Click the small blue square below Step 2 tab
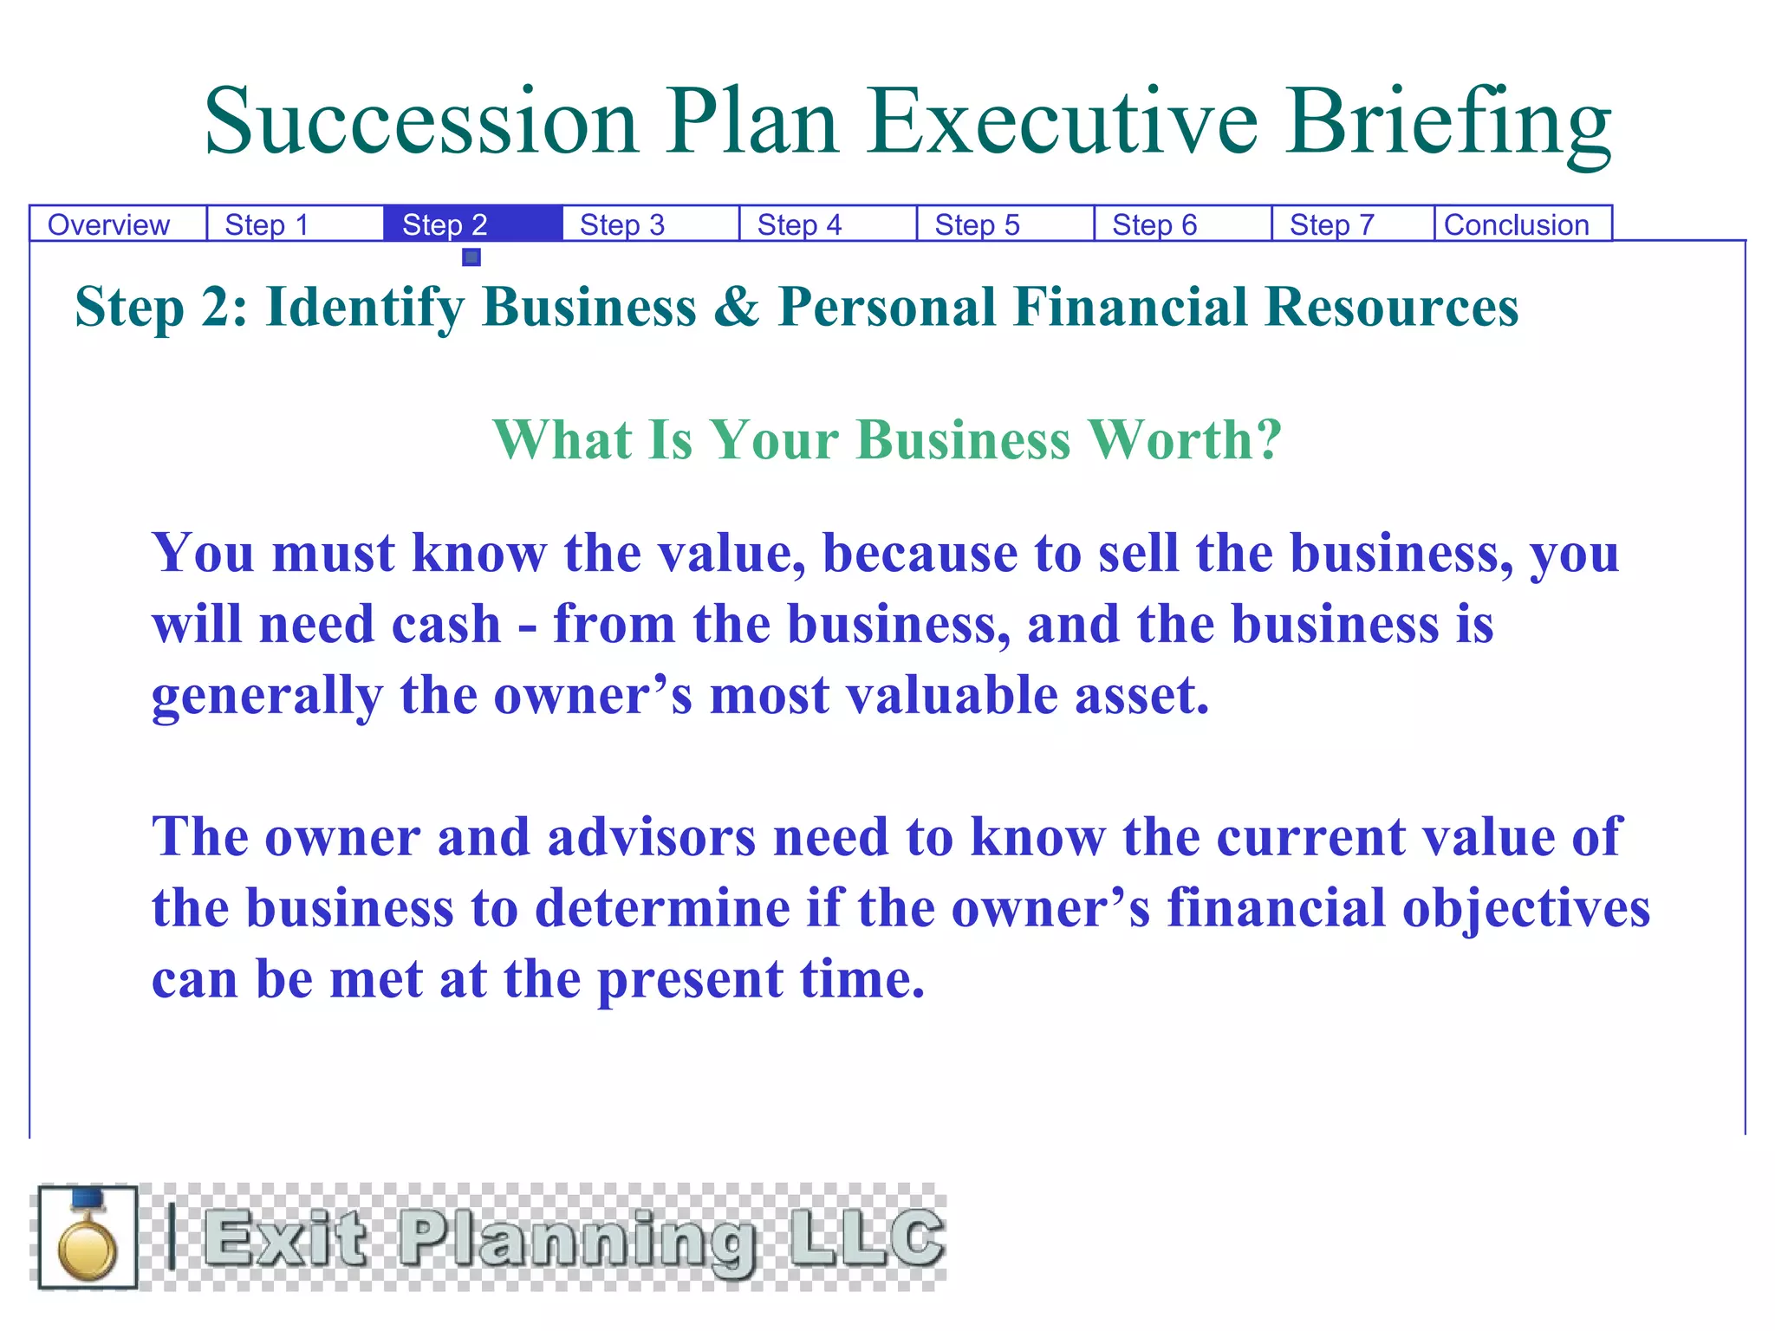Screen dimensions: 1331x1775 [471, 257]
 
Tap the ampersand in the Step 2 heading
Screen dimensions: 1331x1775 [737, 308]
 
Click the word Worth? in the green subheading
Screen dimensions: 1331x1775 [1185, 439]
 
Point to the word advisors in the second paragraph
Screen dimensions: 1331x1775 [651, 838]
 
